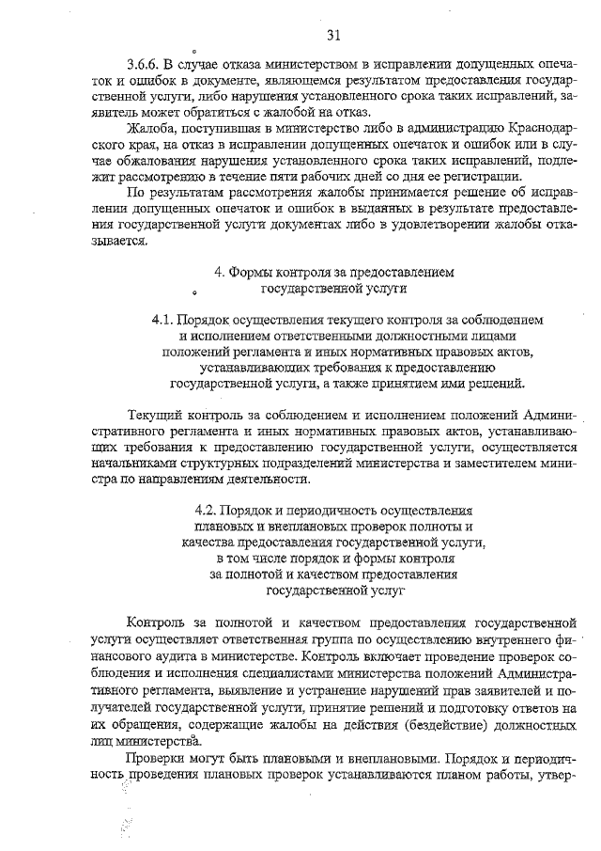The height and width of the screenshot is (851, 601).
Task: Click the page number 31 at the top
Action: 334,36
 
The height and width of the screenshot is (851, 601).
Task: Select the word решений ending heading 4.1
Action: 489,384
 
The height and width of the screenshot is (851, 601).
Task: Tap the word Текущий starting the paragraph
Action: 153,416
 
